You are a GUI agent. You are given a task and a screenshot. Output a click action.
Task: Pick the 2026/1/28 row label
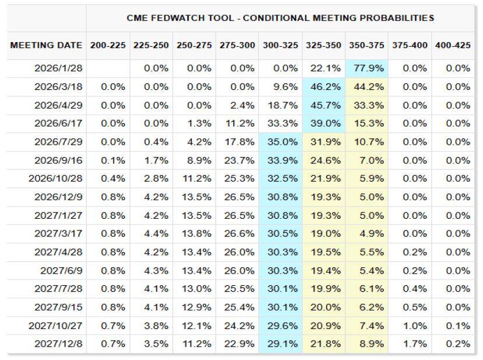point(60,68)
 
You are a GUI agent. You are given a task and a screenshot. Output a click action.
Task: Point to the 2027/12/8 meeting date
point(60,344)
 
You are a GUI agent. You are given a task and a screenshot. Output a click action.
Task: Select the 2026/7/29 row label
point(60,142)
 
